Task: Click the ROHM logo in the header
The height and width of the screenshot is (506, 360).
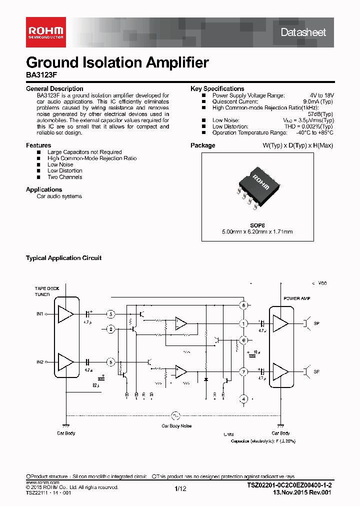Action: click(x=44, y=32)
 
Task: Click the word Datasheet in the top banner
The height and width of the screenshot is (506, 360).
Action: click(x=303, y=32)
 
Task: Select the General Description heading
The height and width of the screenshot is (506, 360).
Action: click(x=54, y=89)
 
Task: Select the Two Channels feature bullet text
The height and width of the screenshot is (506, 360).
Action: click(x=64, y=177)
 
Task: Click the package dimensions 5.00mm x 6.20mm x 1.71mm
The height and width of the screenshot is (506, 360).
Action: click(x=257, y=231)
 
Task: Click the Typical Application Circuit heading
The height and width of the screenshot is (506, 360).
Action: click(x=63, y=258)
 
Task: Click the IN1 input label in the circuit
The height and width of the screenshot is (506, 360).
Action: click(x=40, y=314)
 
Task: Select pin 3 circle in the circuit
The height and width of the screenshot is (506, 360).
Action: click(x=111, y=314)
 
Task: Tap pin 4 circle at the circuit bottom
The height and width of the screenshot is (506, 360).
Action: click(x=243, y=399)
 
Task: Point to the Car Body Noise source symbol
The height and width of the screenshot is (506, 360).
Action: click(x=175, y=415)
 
